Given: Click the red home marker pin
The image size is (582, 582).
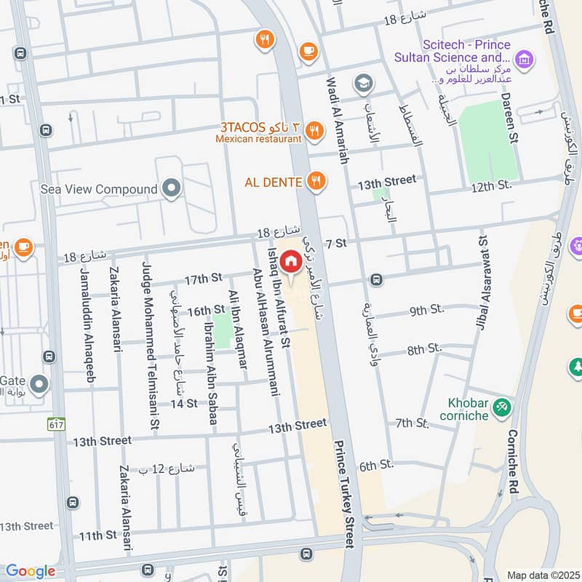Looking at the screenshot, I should [x=290, y=261].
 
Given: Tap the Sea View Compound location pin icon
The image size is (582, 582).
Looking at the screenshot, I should [x=172, y=189].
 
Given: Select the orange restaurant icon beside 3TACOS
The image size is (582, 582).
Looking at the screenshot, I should [x=314, y=130].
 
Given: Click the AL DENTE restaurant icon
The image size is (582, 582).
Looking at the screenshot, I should [x=315, y=180].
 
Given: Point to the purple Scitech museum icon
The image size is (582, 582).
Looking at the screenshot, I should [x=522, y=57].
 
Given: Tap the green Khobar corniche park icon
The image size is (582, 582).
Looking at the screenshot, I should [x=501, y=407].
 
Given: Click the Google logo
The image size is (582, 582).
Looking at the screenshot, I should [x=30, y=571].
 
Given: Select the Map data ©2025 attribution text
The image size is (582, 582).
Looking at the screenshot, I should [x=542, y=575].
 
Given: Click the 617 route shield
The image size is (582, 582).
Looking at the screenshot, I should [x=55, y=423].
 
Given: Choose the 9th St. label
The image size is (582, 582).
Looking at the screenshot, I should [x=426, y=311].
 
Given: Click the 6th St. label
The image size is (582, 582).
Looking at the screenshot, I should [x=376, y=465].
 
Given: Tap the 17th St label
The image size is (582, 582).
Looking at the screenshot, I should [x=203, y=279].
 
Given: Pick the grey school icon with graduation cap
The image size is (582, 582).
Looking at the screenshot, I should [x=362, y=84].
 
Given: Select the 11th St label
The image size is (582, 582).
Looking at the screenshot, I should [x=98, y=535].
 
